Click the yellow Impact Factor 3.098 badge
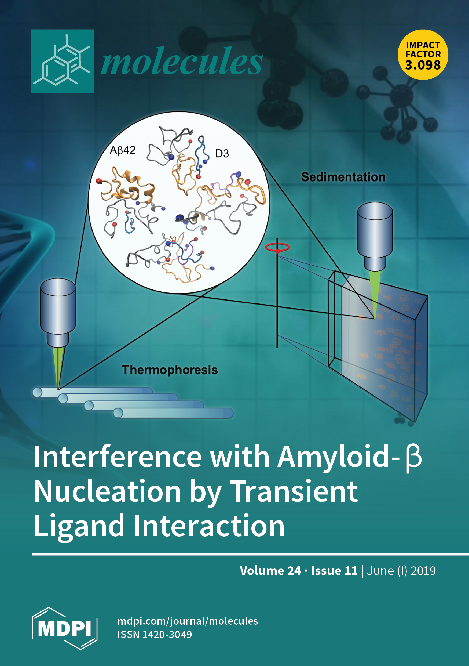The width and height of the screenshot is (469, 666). (423, 55)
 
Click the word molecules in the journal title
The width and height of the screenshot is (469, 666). (182, 61)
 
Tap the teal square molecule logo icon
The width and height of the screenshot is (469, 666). (63, 61)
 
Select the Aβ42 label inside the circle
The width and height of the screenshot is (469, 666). (123, 150)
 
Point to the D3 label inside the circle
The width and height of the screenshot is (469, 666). (222, 153)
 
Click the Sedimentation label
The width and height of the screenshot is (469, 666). (343, 177)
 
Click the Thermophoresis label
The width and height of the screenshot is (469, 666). (170, 370)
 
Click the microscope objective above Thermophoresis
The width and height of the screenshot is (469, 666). (58, 312)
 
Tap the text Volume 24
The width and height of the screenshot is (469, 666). (270, 571)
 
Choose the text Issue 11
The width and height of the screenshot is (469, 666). (334, 571)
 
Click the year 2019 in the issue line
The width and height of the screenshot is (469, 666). (423, 571)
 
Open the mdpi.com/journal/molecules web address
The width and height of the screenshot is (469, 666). (188, 621)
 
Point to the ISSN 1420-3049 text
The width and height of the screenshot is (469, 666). (155, 635)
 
